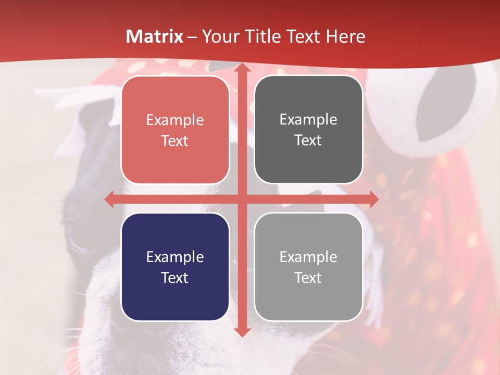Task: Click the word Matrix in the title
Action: pos(155,36)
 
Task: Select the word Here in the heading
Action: pos(345,36)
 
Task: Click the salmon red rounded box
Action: pos(175,130)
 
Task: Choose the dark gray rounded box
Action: pos(308,130)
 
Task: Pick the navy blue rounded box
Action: pos(175,267)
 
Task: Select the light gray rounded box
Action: pos(308,267)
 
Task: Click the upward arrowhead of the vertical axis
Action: pos(241,69)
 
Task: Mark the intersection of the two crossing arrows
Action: pos(241,199)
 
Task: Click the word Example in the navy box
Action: pos(175,257)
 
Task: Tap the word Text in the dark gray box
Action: pos(308,141)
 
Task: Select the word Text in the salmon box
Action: pos(175,141)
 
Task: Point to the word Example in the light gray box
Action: pos(308,257)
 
